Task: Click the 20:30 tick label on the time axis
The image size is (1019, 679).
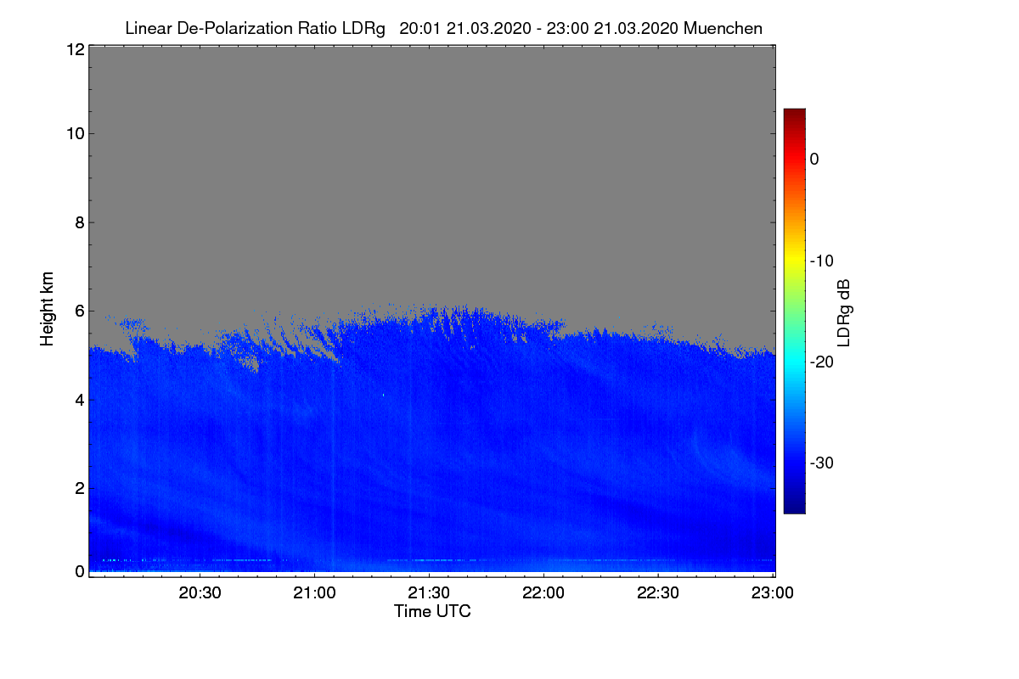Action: click(x=200, y=592)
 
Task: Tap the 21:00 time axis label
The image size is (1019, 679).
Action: click(x=314, y=592)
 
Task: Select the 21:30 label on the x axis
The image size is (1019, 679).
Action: click(x=429, y=592)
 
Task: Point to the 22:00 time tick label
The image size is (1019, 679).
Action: click(x=543, y=592)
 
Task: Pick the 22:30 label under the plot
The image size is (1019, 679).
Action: click(x=658, y=592)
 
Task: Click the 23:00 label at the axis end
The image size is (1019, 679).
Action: click(x=773, y=592)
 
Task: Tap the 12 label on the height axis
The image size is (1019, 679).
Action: click(x=76, y=49)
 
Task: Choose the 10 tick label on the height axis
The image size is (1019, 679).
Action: click(x=76, y=134)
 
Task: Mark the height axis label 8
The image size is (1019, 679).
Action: click(x=80, y=222)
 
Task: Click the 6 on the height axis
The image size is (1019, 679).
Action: click(x=80, y=311)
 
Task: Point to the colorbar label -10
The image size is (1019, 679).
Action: click(x=822, y=261)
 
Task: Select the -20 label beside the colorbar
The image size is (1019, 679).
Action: click(x=822, y=362)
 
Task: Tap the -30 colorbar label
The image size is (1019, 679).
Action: click(x=822, y=463)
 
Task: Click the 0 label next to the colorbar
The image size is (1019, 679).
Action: click(x=814, y=160)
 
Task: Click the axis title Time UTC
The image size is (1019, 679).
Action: click(x=432, y=611)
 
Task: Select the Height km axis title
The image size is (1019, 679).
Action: click(x=47, y=309)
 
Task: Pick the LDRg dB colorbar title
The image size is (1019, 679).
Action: click(x=844, y=313)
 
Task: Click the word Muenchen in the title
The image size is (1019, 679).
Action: click(x=723, y=28)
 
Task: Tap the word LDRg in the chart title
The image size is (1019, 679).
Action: click(x=363, y=29)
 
